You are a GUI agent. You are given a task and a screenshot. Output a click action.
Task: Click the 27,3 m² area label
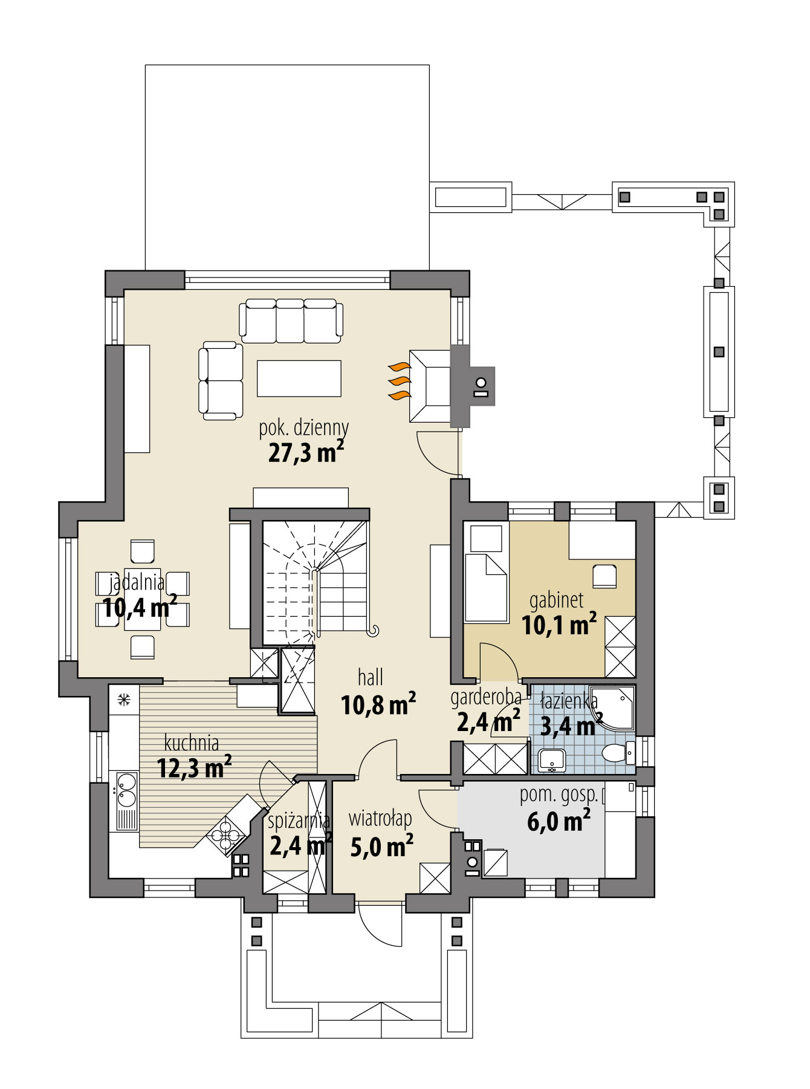coord(306,452)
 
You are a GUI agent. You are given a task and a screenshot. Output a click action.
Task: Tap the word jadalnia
coord(137,582)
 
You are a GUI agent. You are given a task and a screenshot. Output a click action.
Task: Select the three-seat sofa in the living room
coord(291,320)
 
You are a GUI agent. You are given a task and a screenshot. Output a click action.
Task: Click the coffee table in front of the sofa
coord(299,378)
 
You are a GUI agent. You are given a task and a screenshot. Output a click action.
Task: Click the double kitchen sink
coord(126,790)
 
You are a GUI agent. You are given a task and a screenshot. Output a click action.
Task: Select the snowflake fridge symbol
coord(124,700)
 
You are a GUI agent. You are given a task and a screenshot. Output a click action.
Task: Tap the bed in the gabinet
coord(485,587)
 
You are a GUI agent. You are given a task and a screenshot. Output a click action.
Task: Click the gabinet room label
coord(556,600)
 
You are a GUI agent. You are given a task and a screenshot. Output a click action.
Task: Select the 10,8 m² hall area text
coord(378,704)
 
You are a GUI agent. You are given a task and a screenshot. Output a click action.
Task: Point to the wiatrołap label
coord(380,819)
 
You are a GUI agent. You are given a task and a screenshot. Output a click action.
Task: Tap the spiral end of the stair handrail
coord(374,631)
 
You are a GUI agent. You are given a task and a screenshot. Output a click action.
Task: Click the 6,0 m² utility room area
coord(559,822)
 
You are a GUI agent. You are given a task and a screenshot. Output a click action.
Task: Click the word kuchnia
coord(192,743)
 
